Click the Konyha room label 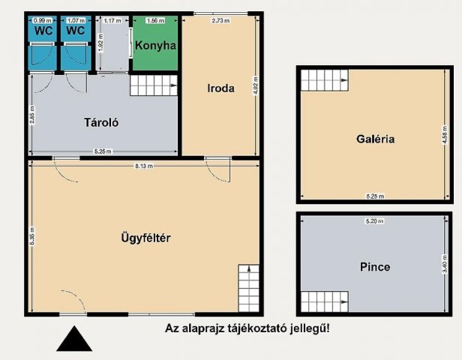[x=156, y=46]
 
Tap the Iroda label [x=221, y=88]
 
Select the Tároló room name [x=102, y=122]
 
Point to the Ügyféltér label [x=147, y=239]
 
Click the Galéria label [x=376, y=139]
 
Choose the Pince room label [x=375, y=266]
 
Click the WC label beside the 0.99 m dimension [x=43, y=31]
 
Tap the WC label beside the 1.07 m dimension [x=75, y=31]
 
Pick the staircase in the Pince [x=325, y=302]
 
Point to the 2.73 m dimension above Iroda [x=220, y=20]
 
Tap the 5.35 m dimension [x=34, y=238]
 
